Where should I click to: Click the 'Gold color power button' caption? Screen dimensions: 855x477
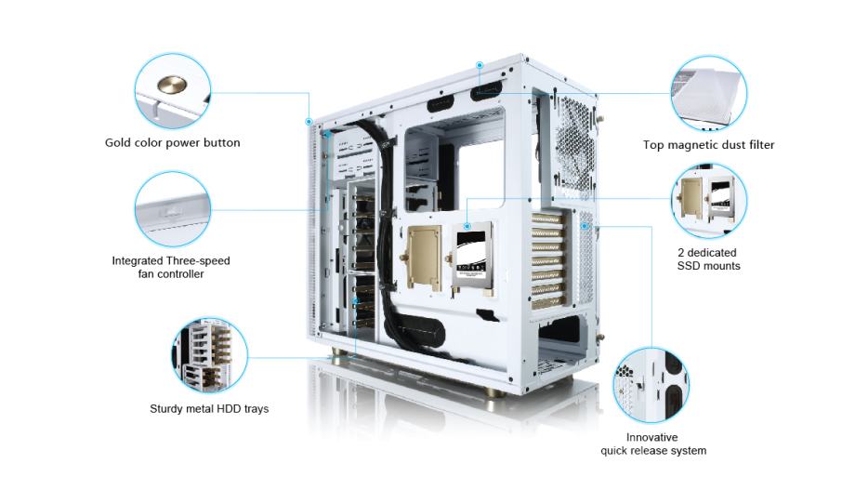pyautogui.click(x=172, y=143)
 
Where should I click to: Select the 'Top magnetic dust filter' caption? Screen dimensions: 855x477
pyautogui.click(x=708, y=145)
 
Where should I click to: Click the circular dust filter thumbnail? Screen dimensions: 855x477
pyautogui.click(x=708, y=93)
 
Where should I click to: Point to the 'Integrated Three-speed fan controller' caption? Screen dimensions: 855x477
pyautogui.click(x=171, y=267)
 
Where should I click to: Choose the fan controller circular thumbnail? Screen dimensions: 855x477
pyautogui.click(x=172, y=209)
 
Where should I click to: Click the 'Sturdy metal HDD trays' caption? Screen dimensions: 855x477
pyautogui.click(x=209, y=408)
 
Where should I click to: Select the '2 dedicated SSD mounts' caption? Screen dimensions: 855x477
pyautogui.click(x=708, y=258)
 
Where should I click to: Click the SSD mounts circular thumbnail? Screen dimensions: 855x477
pyautogui.click(x=708, y=203)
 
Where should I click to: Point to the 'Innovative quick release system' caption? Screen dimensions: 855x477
pyautogui.click(x=651, y=444)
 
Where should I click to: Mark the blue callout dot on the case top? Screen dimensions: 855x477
pyautogui.click(x=480, y=65)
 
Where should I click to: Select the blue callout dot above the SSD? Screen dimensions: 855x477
pyautogui.click(x=467, y=225)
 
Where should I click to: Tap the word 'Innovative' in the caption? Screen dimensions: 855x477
pyautogui.click(x=651, y=436)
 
